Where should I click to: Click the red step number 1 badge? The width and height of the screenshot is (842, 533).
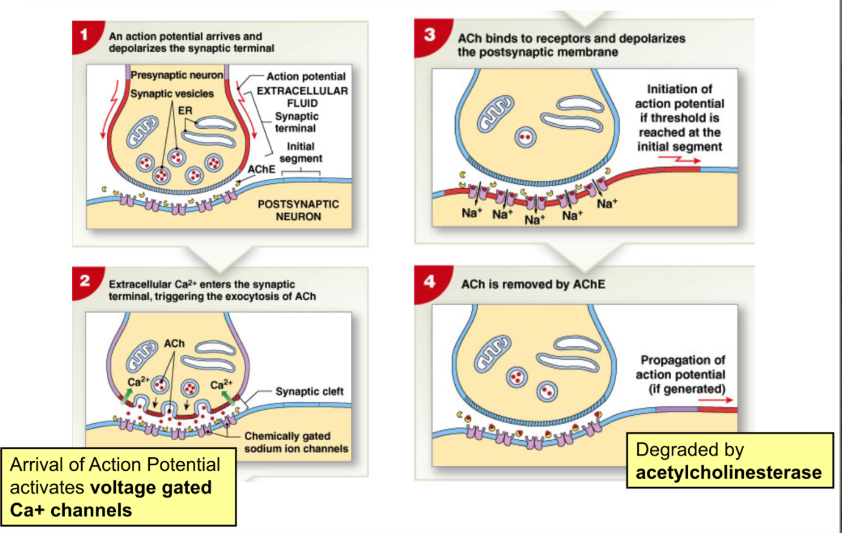coord(84,34)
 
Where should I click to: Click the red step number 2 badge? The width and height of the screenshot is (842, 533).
coord(85,281)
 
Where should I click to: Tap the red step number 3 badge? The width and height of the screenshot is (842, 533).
coord(430,35)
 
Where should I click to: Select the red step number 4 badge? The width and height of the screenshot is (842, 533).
coord(430,281)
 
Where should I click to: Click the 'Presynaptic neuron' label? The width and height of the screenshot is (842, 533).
coord(176,75)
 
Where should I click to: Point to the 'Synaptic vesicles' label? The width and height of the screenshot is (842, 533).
coord(172,93)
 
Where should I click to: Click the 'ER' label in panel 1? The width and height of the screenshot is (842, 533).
coord(185,111)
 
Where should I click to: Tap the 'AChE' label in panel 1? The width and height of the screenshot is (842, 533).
coord(261,169)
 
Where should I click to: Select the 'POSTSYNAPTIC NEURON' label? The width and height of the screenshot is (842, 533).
coord(298,210)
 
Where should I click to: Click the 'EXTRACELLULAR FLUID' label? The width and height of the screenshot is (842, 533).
coord(302,96)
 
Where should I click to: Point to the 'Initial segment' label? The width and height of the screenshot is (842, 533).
coord(300,153)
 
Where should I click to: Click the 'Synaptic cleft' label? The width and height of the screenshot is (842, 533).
coord(309,391)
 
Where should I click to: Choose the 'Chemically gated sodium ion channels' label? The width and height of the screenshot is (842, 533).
coord(296,442)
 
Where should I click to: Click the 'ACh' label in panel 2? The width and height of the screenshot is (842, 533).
coord(174,344)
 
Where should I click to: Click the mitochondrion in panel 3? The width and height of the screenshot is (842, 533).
coord(496,114)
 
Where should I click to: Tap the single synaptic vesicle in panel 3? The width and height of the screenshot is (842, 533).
coord(525,137)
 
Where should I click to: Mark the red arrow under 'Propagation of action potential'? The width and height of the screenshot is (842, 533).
coord(716,400)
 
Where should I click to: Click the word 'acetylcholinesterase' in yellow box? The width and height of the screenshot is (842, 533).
coord(729,473)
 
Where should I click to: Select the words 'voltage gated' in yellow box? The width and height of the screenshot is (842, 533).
coord(151,487)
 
